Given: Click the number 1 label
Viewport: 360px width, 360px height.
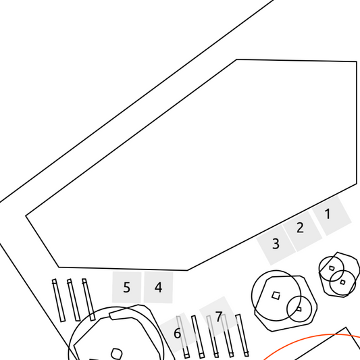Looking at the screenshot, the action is (x=328, y=213).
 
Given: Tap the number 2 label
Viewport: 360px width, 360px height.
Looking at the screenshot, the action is (x=300, y=228).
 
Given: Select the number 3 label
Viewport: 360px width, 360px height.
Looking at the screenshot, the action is (x=276, y=244).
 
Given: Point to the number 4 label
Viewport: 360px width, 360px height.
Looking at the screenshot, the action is (x=159, y=287).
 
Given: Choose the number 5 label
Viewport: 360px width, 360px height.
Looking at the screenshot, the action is (x=126, y=287).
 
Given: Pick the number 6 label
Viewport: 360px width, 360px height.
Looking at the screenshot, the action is (x=177, y=334).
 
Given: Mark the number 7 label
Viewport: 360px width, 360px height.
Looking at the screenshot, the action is (x=219, y=317).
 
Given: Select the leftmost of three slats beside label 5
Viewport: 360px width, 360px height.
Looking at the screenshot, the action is (x=59, y=301).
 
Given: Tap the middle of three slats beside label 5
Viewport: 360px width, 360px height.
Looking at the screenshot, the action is (x=74, y=300).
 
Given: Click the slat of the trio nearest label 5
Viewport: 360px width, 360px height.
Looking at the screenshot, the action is (x=88, y=299).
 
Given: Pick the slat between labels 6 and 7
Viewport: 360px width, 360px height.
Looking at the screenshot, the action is (x=198, y=336).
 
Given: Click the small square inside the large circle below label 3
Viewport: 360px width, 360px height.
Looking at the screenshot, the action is (x=276, y=295).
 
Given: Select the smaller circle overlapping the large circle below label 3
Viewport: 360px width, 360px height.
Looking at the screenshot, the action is (x=299, y=309).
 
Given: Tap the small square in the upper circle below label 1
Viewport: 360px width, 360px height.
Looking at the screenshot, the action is (x=332, y=268).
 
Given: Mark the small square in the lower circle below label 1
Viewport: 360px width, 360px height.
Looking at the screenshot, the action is (x=342, y=282).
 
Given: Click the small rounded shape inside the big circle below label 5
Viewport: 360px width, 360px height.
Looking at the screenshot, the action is (x=117, y=354).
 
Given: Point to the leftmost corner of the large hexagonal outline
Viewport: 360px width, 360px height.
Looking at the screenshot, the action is (x=26, y=216).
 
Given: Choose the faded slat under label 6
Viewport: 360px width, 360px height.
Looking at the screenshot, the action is (x=183, y=337).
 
